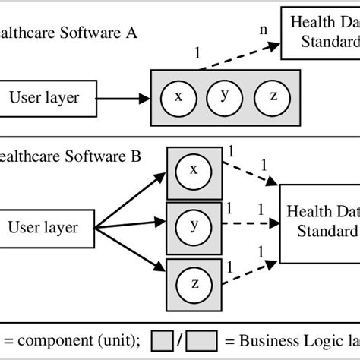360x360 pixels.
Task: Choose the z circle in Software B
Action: tap(194, 283)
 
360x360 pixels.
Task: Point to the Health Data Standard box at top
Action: tap(321, 29)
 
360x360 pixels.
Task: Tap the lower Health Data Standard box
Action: tap(320, 220)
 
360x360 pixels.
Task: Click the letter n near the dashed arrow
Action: tap(263, 30)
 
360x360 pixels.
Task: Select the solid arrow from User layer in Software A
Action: tap(125, 96)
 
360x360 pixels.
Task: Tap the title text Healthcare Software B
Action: tap(68, 158)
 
